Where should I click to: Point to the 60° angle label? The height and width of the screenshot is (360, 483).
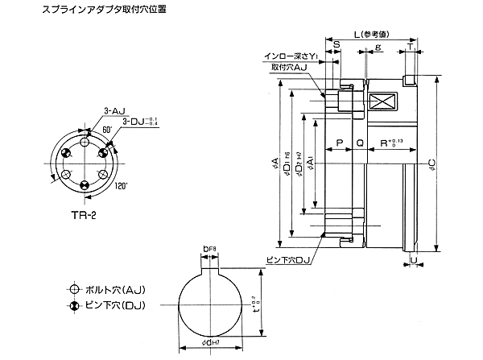[x=106, y=130]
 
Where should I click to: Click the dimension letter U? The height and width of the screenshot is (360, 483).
[x=412, y=262]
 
